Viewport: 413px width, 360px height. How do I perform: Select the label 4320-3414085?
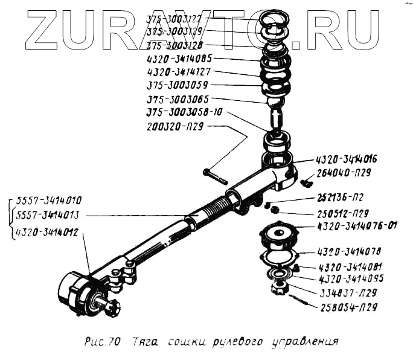pyautogui.click(x=180, y=59)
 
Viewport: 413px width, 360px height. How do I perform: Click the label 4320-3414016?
pyautogui.click(x=347, y=160)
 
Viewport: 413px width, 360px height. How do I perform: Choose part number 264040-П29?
pyautogui.click(x=347, y=173)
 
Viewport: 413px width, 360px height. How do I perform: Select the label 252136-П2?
pyautogui.click(x=341, y=198)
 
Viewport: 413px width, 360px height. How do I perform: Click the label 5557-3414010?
pyautogui.click(x=50, y=201)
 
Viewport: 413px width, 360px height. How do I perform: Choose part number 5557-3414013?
pyautogui.click(x=50, y=216)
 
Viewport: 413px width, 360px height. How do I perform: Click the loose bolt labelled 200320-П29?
pyautogui.click(x=215, y=177)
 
